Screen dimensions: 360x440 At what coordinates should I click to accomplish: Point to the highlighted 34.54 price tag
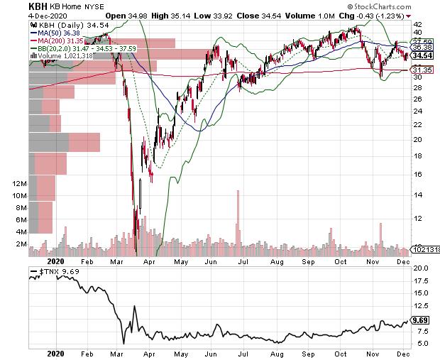[423, 55]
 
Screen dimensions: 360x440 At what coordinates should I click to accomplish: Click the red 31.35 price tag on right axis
[423, 70]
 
